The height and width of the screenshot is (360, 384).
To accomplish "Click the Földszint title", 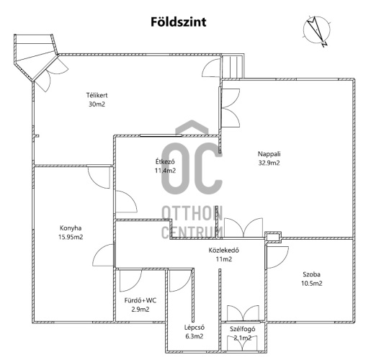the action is pyautogui.click(x=178, y=22).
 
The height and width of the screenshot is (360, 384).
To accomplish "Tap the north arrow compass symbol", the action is pyautogui.click(x=317, y=31).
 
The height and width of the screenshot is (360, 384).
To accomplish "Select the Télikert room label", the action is pyautogui.click(x=97, y=95).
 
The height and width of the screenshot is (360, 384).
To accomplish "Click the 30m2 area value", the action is pyautogui.click(x=97, y=104).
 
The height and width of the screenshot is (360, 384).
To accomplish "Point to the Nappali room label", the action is pyautogui.click(x=269, y=154).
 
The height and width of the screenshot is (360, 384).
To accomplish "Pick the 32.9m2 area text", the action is pyautogui.click(x=269, y=163).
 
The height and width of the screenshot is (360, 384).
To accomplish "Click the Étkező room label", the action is pyautogui.click(x=165, y=161).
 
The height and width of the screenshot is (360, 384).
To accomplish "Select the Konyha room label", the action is pyautogui.click(x=71, y=228).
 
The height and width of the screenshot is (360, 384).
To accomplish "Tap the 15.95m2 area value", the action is pyautogui.click(x=71, y=237).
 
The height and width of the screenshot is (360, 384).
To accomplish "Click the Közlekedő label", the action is pyautogui.click(x=224, y=250).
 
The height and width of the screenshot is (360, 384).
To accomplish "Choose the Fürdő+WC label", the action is pyautogui.click(x=140, y=300).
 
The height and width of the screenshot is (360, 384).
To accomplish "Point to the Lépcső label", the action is pyautogui.click(x=195, y=328).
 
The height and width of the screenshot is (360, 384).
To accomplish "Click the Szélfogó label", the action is pyautogui.click(x=243, y=329).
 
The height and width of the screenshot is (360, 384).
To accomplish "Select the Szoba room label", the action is pyautogui.click(x=311, y=274).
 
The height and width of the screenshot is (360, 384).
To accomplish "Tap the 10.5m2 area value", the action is pyautogui.click(x=311, y=284).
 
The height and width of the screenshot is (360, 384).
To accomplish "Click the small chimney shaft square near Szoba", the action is pyautogui.click(x=273, y=237).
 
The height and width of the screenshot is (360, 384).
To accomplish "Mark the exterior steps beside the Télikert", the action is pyautogui.click(x=233, y=66).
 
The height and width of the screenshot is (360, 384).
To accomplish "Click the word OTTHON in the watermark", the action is pyautogui.click(x=192, y=213).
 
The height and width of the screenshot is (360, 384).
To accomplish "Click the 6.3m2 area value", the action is pyautogui.click(x=195, y=336).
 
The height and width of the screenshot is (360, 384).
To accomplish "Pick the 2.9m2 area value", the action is pyautogui.click(x=140, y=310).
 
